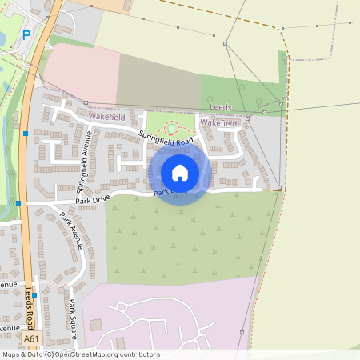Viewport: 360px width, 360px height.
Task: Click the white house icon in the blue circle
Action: pos(180,172)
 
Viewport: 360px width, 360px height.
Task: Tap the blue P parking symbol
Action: pos(27,35)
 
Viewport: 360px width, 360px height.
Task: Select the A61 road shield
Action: pos(31,339)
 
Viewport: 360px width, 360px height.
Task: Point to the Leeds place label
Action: pos(220,106)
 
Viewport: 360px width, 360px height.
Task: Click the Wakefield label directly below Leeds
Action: pos(219,123)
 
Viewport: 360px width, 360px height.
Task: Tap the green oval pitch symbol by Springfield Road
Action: pos(170,128)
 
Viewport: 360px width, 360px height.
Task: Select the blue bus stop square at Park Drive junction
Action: pos(18,203)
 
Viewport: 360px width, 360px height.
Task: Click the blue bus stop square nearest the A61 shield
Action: pos(34,294)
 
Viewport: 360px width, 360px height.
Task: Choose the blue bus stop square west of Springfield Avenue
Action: pos(26,133)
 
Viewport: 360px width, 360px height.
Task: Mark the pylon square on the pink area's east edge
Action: pos(241,332)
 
